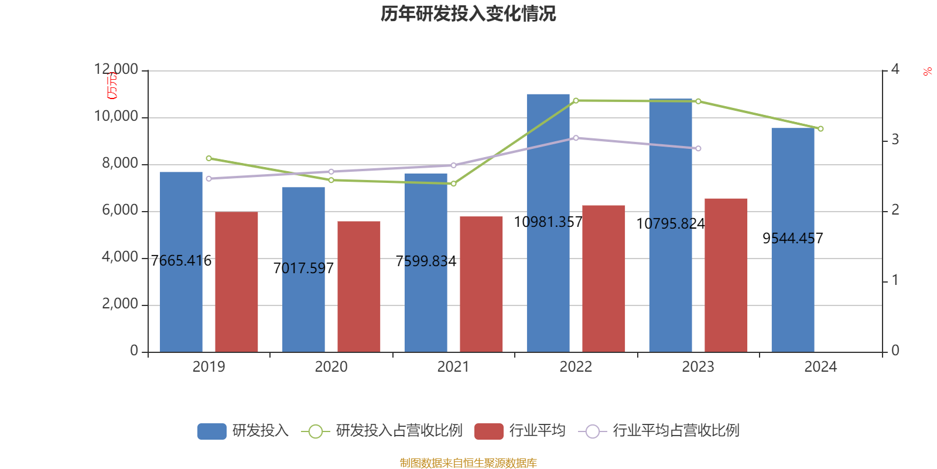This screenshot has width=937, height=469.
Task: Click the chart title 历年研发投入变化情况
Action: click(x=468, y=13)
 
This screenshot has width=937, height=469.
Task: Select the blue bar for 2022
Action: click(x=548, y=223)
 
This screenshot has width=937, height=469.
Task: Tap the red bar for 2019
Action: click(x=237, y=281)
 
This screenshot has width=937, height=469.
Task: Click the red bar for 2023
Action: click(x=726, y=275)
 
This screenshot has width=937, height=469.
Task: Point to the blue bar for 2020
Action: click(x=303, y=269)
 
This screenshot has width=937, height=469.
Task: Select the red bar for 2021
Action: click(x=481, y=284)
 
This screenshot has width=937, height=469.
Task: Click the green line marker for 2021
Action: click(x=453, y=184)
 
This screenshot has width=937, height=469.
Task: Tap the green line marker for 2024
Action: click(x=820, y=129)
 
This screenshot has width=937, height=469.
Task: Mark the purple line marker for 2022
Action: click(x=576, y=138)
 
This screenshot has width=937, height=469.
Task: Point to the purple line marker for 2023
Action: click(x=698, y=148)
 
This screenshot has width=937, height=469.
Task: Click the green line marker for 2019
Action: click(x=208, y=158)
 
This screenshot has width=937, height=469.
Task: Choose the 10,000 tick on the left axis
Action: click(x=117, y=117)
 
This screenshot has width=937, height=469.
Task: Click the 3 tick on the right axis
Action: click(x=895, y=140)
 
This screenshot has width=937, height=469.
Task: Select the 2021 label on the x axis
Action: click(x=453, y=367)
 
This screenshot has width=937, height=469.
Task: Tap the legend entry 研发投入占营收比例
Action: click(x=398, y=431)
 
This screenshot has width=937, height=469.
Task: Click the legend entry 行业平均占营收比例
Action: click(x=675, y=431)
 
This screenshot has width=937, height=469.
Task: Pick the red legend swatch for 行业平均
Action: click(x=489, y=431)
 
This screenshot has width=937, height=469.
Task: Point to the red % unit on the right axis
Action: click(x=927, y=72)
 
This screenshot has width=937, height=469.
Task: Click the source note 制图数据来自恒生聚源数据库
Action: click(x=468, y=463)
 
